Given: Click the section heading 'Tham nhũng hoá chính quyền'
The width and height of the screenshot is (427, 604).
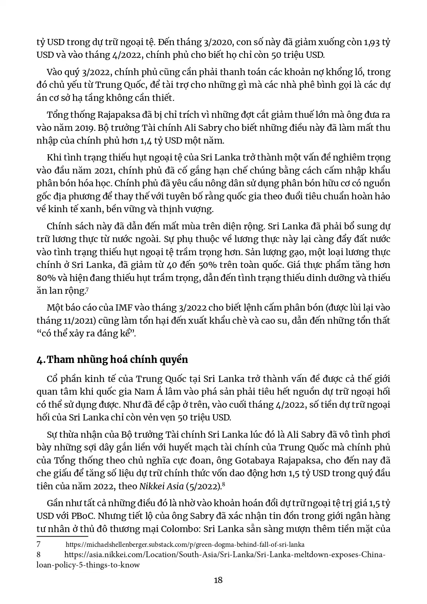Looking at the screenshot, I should tap(117, 360).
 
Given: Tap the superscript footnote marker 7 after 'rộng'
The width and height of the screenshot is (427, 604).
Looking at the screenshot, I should tap(87, 290).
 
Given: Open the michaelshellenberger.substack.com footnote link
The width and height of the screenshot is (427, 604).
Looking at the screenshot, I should tap(185, 545).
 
